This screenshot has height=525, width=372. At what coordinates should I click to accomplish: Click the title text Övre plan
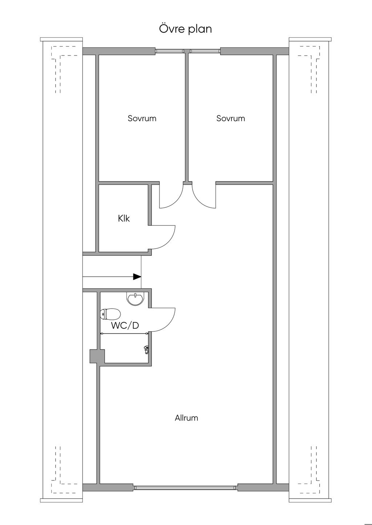point(186,29)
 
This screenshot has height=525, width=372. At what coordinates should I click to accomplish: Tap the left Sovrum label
point(142,118)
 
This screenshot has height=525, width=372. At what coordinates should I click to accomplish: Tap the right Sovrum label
point(231,118)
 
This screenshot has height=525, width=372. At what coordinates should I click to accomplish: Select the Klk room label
point(124,218)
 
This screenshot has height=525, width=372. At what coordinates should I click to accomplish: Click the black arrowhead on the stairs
point(137,277)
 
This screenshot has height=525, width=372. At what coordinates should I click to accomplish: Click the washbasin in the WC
point(134,298)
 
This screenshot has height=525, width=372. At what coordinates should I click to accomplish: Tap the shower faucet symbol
point(146,350)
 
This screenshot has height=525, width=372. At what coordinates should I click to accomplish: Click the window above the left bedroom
point(170,51)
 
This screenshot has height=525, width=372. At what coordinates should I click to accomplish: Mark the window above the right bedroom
point(205,51)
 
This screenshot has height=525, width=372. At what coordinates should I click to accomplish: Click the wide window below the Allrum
point(186,488)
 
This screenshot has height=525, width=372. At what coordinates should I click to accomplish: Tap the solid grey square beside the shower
point(97,356)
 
